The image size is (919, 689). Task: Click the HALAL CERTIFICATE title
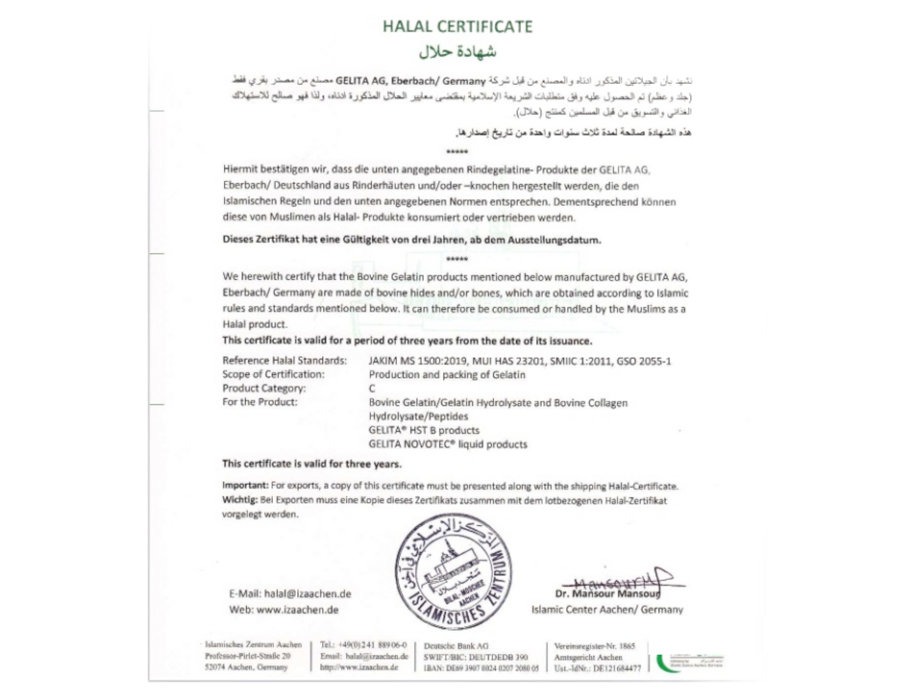click(457, 27)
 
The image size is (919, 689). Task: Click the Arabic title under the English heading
click(457, 51)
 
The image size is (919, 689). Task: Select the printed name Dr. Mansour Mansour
click(607, 594)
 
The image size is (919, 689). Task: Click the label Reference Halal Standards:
click(284, 360)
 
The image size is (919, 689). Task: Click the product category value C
click(372, 388)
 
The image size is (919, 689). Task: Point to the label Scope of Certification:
click(273, 374)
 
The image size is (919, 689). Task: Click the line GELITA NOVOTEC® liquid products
click(448, 444)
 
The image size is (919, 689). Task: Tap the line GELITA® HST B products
click(424, 430)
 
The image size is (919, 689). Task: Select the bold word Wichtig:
click(240, 500)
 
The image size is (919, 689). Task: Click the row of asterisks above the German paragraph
click(457, 152)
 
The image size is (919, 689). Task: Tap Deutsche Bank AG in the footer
click(456, 646)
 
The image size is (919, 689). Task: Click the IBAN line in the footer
click(481, 668)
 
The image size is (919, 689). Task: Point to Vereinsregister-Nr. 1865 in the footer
click(594, 646)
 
